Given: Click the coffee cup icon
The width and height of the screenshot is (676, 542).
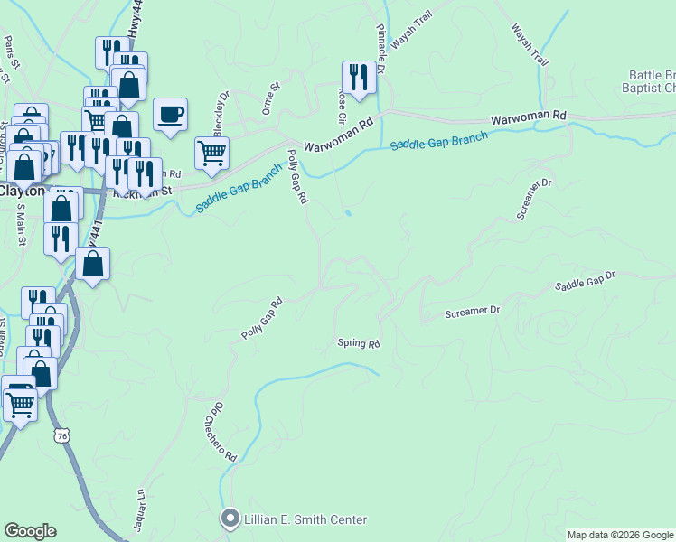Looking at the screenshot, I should [170, 115].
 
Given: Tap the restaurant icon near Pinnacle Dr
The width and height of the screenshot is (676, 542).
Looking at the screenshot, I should [359, 78].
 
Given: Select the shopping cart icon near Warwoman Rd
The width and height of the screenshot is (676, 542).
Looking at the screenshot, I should [211, 154].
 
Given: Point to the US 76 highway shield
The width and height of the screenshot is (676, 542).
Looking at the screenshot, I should [61, 435].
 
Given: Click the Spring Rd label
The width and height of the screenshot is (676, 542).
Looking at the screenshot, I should [359, 343].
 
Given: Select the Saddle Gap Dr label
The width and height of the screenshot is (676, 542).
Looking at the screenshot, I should [585, 281].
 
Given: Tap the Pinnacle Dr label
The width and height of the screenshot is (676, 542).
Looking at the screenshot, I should [380, 49].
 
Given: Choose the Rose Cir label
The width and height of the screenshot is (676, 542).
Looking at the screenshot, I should [343, 105].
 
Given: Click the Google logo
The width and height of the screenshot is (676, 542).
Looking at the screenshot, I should [30, 531].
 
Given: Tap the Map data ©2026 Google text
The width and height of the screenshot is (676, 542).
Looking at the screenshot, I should [620, 535].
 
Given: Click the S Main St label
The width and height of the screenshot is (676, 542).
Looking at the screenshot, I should [19, 220].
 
